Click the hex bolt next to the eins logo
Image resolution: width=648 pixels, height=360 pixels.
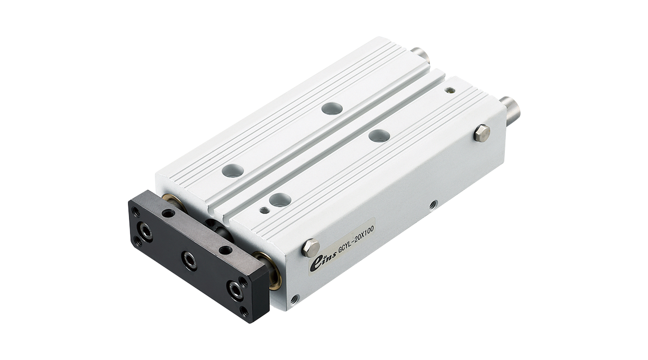[x=311, y=248]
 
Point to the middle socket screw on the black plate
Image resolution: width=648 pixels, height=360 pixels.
[x=189, y=258]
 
